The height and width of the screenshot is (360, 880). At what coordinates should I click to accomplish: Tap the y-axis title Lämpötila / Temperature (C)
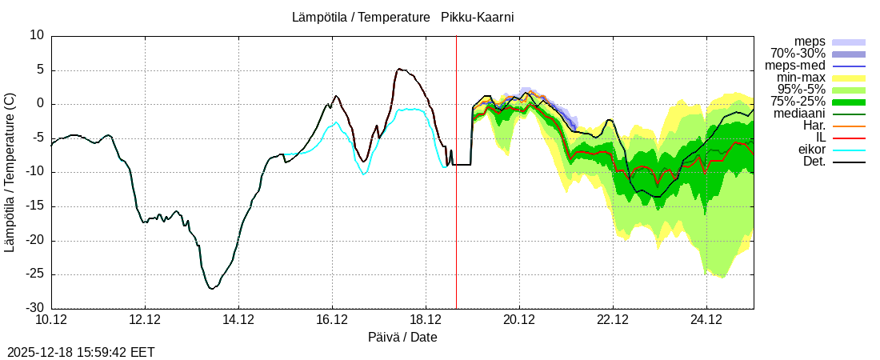(x=10, y=172)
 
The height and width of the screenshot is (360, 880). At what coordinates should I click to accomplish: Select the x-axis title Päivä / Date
(x=402, y=337)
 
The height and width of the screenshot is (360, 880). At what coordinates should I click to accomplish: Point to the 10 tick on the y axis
(x=37, y=35)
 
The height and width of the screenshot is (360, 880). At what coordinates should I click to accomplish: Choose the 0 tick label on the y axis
(x=40, y=104)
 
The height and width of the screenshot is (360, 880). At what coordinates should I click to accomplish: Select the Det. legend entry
(x=814, y=162)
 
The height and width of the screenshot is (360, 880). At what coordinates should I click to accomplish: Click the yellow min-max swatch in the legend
(x=849, y=78)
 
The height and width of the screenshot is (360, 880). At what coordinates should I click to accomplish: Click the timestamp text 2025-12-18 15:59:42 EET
(x=81, y=352)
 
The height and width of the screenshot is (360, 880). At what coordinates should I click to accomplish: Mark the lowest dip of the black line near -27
(x=211, y=288)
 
